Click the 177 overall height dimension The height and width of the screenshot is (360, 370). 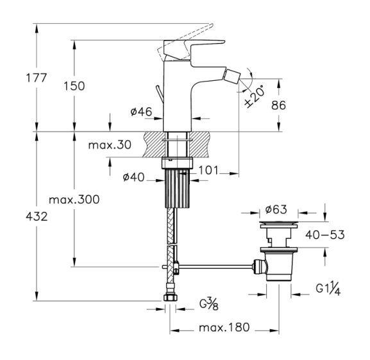pyautogui.click(x=37, y=78)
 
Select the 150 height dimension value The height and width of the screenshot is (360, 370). pyautogui.click(x=74, y=86)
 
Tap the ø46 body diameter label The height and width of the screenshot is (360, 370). pyautogui.click(x=141, y=112)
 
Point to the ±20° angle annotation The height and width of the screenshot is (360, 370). pyautogui.click(x=255, y=98)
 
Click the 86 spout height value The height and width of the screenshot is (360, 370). pyautogui.click(x=278, y=105)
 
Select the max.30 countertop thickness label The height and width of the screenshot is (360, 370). pyautogui.click(x=110, y=145)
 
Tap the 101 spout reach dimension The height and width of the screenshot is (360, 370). pyautogui.click(x=208, y=170)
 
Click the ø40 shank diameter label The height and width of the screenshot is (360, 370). pyautogui.click(x=133, y=177)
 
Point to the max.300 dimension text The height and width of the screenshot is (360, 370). pyautogui.click(x=74, y=200)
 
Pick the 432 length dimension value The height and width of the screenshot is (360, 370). pyautogui.click(x=37, y=216)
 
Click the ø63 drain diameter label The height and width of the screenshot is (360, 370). pyautogui.click(x=276, y=209)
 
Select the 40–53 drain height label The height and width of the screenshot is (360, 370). pyautogui.click(x=325, y=235)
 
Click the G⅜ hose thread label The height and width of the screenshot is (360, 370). pyautogui.click(x=209, y=304)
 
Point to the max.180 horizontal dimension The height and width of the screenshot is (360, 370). pyautogui.click(x=224, y=327)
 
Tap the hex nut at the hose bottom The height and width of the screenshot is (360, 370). pyautogui.click(x=169, y=297)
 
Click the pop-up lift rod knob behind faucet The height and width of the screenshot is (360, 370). pyautogui.click(x=160, y=94)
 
